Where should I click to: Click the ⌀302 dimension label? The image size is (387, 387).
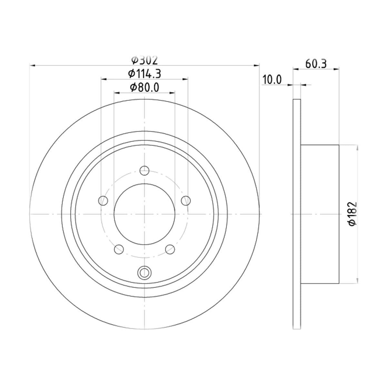pyautogui.click(x=144, y=60)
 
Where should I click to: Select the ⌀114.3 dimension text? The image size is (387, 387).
pyautogui.click(x=144, y=74)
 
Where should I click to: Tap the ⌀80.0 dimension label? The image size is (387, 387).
pyautogui.click(x=144, y=88)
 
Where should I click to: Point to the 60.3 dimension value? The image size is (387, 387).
pyautogui.click(x=316, y=64)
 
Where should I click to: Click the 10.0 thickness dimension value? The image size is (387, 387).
pyautogui.click(x=272, y=80)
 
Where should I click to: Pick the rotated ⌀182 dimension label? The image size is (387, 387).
pyautogui.click(x=353, y=214)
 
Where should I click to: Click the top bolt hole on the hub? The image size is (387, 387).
pyautogui.click(x=144, y=171)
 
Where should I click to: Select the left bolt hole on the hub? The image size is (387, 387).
pyautogui.click(x=103, y=200)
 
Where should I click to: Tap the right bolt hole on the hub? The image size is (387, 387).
pyautogui.click(x=186, y=200)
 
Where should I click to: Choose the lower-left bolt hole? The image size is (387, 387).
pyautogui.click(x=119, y=249)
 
